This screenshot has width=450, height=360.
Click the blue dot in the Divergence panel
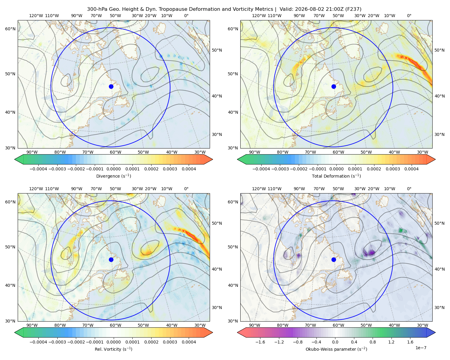pyautogui.click(x=111, y=87)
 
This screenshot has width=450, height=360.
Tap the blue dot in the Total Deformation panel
pyautogui.click(x=334, y=87)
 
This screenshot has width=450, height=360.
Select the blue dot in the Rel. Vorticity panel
pyautogui.click(x=111, y=259)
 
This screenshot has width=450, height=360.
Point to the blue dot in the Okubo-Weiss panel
pyautogui.click(x=334, y=259)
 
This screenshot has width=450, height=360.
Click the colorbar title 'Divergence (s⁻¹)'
pyautogui.click(x=113, y=176)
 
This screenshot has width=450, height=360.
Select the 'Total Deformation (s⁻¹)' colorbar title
pyautogui.click(x=336, y=176)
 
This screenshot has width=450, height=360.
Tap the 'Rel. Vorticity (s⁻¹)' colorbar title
pyautogui.click(x=113, y=349)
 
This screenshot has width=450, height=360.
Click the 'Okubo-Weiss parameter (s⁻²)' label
pyautogui.click(x=336, y=349)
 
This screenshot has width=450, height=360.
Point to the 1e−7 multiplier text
pyautogui.click(x=421, y=348)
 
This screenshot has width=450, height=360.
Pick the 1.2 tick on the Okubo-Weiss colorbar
pyautogui.click(x=391, y=342)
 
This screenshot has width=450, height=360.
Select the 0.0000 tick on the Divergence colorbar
pyautogui.click(x=113, y=169)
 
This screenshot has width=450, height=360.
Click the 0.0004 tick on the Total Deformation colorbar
pyautogui.click(x=411, y=169)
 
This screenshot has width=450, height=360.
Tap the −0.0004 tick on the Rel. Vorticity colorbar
pyautogui.click(x=38, y=342)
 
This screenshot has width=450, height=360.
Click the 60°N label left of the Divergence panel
pyautogui.click(x=10, y=29)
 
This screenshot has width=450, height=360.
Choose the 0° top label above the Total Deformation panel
pyautogui.click(x=409, y=16)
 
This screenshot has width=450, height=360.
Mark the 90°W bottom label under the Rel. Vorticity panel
pyautogui.click(x=32, y=325)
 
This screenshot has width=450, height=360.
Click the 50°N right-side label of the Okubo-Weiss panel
pyautogui.click(x=439, y=223)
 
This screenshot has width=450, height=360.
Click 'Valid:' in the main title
pyautogui.click(x=286, y=9)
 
